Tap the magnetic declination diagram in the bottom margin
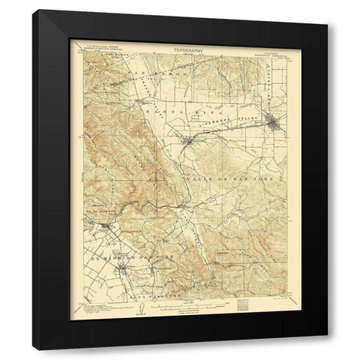[121, 312]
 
